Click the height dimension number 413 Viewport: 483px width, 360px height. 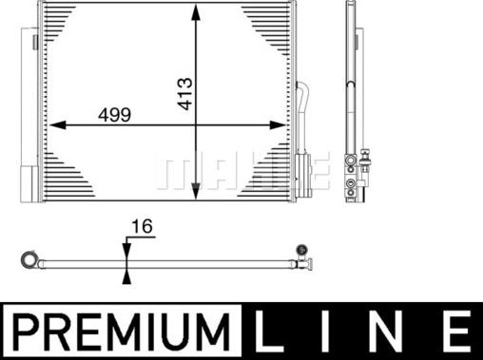(185, 93)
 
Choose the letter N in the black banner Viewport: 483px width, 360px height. (400, 332)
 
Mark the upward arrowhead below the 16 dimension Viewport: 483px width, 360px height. (126, 275)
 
